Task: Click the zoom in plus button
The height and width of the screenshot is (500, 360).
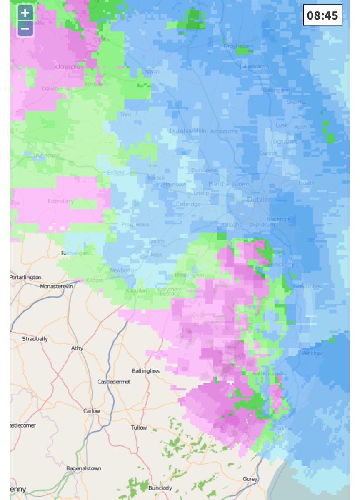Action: click(25, 13)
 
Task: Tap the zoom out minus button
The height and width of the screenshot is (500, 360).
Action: click(25, 28)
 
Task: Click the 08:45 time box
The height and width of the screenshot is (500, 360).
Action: click(322, 15)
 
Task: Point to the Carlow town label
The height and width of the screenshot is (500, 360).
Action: click(92, 411)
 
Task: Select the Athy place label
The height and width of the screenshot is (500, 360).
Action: click(77, 348)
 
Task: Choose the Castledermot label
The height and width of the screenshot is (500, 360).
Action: click(113, 382)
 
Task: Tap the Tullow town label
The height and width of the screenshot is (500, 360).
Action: click(139, 427)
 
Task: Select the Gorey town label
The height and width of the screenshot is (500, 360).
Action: click(250, 479)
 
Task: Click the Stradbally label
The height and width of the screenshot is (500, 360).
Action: click(35, 339)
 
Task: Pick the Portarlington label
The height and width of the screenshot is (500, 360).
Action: click(26, 277)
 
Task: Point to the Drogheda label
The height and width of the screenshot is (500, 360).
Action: click(236, 46)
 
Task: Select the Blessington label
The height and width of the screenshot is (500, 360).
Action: click(190, 275)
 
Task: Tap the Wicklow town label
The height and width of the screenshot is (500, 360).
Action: click(312, 353)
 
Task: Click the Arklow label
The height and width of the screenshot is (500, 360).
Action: click(285, 428)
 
